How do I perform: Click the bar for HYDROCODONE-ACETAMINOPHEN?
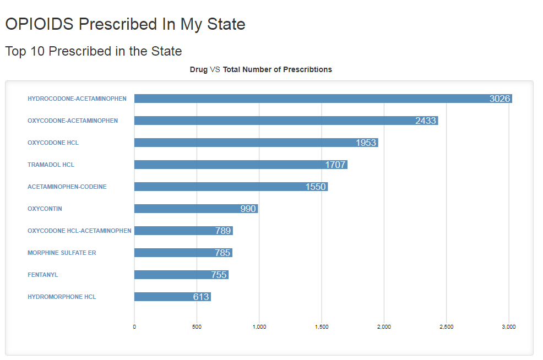[308, 99]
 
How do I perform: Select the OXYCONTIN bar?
[187, 209]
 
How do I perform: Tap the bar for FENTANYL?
[171, 275]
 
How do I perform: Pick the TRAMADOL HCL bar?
[231, 165]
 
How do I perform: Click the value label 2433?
[426, 121]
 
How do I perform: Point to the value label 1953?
[366, 143]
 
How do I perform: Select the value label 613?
[201, 297]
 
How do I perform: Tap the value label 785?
[222, 253]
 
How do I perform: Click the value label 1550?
[316, 187]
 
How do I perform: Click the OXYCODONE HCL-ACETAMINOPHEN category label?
[79, 231]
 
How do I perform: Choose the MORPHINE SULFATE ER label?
[62, 253]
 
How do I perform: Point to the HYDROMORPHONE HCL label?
[62, 297]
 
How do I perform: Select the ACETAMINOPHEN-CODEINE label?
[67, 187]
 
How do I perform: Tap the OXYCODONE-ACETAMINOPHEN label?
[73, 121]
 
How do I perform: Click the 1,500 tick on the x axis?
[322, 327]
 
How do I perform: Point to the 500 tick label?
[197, 327]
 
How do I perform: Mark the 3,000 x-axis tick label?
[509, 327]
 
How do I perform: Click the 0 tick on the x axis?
[134, 327]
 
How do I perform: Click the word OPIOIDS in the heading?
[40, 24]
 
